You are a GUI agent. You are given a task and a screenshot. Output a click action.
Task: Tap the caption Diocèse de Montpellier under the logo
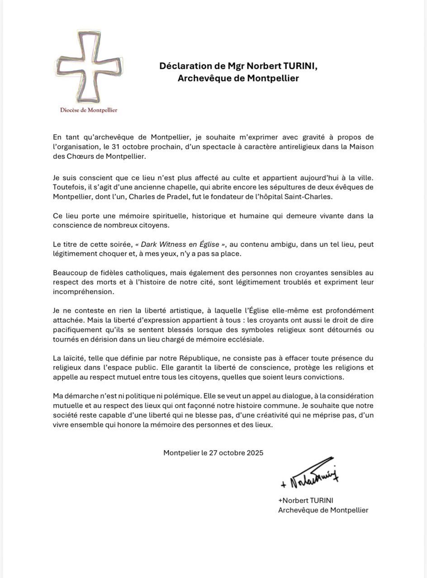coord(85,110)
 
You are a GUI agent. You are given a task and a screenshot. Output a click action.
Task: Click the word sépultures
coord(268,187)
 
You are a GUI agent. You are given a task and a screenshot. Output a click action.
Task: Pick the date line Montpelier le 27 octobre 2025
coord(213,452)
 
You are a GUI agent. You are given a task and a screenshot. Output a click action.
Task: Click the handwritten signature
coord(310,475)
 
